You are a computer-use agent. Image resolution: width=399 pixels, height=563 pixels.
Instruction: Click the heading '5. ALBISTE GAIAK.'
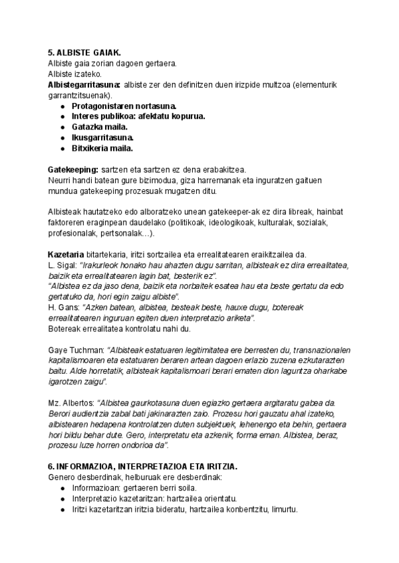pyautogui.click(x=84, y=52)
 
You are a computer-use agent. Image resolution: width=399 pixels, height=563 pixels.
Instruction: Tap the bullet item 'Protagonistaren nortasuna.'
pyautogui.click(x=119, y=106)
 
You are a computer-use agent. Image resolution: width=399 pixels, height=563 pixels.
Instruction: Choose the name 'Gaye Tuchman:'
pyautogui.click(x=76, y=350)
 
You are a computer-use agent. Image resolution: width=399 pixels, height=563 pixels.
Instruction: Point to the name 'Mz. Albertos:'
pyautogui.click(x=71, y=403)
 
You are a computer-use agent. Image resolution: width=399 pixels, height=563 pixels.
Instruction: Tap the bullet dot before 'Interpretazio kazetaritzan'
pyautogui.click(x=62, y=499)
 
